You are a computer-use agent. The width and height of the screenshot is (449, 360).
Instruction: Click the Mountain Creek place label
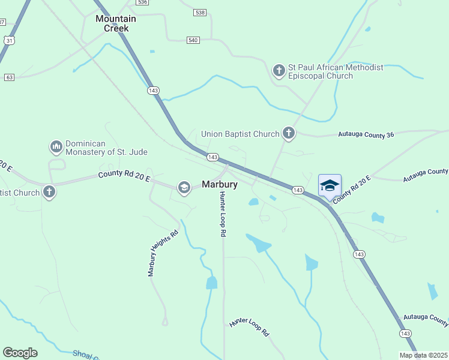point(116,23)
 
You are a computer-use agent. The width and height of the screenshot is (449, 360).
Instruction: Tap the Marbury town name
point(219,185)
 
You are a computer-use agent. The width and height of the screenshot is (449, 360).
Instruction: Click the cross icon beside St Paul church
point(279,71)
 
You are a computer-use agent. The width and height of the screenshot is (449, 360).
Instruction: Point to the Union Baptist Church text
point(240,134)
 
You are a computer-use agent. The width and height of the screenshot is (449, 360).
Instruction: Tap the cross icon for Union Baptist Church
point(289,133)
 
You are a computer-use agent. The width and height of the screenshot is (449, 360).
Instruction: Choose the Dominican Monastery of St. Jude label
point(106,148)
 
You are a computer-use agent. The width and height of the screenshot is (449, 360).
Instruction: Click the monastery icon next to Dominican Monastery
point(56,146)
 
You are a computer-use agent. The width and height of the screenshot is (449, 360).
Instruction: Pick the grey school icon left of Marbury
point(184,188)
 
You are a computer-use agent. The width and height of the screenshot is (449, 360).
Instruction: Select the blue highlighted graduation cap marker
point(330,185)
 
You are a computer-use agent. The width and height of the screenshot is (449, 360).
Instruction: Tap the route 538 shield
point(200,12)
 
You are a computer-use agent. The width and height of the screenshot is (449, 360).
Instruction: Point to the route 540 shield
point(193,40)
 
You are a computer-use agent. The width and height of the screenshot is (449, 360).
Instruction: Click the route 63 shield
point(8,77)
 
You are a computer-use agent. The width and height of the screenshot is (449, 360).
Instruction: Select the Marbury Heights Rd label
point(163,253)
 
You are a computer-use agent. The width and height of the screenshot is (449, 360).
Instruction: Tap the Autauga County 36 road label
point(366,135)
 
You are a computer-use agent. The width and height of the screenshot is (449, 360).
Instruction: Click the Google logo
point(20,353)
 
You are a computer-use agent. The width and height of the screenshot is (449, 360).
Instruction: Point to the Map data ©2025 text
point(423,355)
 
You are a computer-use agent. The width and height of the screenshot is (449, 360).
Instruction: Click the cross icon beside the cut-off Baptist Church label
point(49,193)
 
